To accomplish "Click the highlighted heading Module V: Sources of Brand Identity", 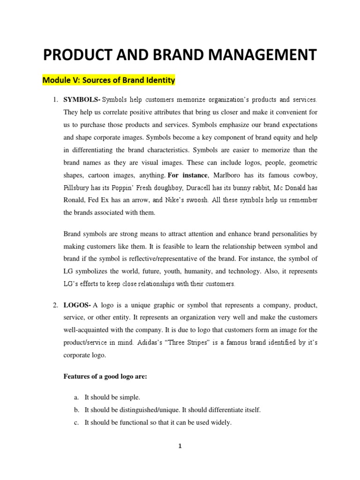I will pyautogui.click(x=109, y=80).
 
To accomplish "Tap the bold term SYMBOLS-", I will pyautogui.click(x=82, y=100).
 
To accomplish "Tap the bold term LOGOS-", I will pyautogui.click(x=77, y=305).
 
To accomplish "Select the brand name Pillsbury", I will pyautogui.click(x=78, y=188).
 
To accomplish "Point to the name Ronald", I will pyautogui.click(x=75, y=200).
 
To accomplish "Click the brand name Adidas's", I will pyautogui.click(x=152, y=343).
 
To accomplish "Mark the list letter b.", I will pyautogui.click(x=76, y=410).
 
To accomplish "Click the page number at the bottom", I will pyautogui.click(x=180, y=446).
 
